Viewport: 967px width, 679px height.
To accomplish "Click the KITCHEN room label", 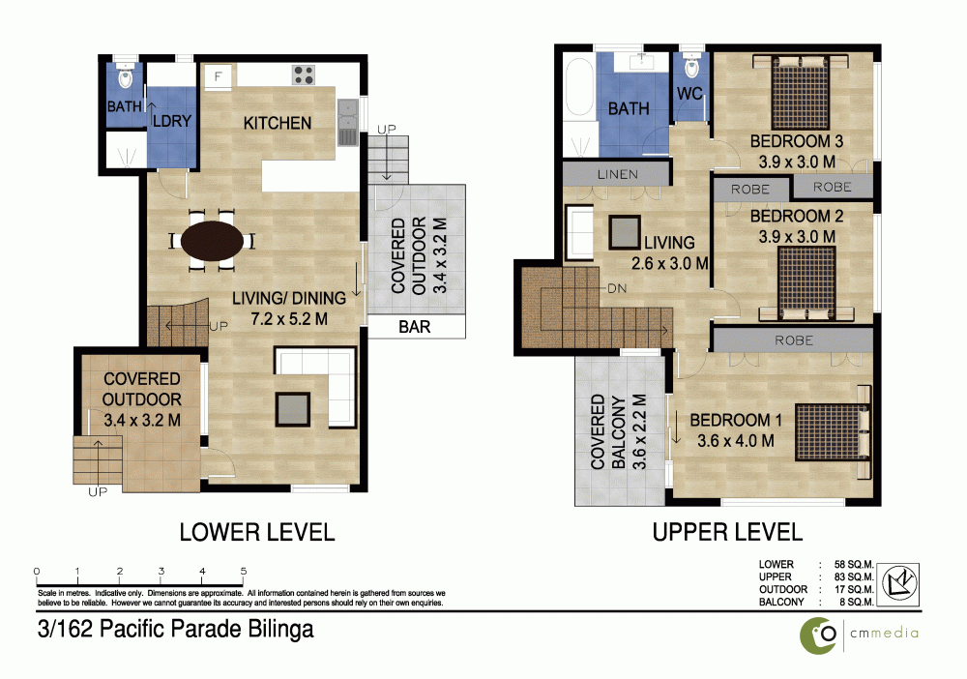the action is [x=277, y=124].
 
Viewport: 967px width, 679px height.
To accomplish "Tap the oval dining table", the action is [x=212, y=241].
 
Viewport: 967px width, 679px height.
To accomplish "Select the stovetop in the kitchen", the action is [x=304, y=75].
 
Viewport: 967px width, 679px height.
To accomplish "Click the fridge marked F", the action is [x=218, y=77].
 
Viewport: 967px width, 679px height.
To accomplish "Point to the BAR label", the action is [x=415, y=327].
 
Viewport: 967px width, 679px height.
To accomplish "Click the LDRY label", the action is [x=172, y=121].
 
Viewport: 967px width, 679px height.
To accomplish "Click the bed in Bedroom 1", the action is [x=833, y=431].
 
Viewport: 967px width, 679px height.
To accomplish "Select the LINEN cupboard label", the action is [x=617, y=174].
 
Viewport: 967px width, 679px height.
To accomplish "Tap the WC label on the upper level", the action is [x=689, y=94].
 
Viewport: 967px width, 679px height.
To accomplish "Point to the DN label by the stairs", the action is [x=617, y=288].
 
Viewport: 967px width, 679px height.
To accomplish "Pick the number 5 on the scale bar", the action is [x=244, y=571].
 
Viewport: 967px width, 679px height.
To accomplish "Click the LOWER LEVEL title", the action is [x=257, y=532].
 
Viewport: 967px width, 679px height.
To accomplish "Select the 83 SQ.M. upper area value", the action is [x=854, y=577].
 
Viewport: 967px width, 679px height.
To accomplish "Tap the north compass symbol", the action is [x=899, y=583].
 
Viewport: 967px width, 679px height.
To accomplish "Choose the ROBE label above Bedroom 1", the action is [x=794, y=340].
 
